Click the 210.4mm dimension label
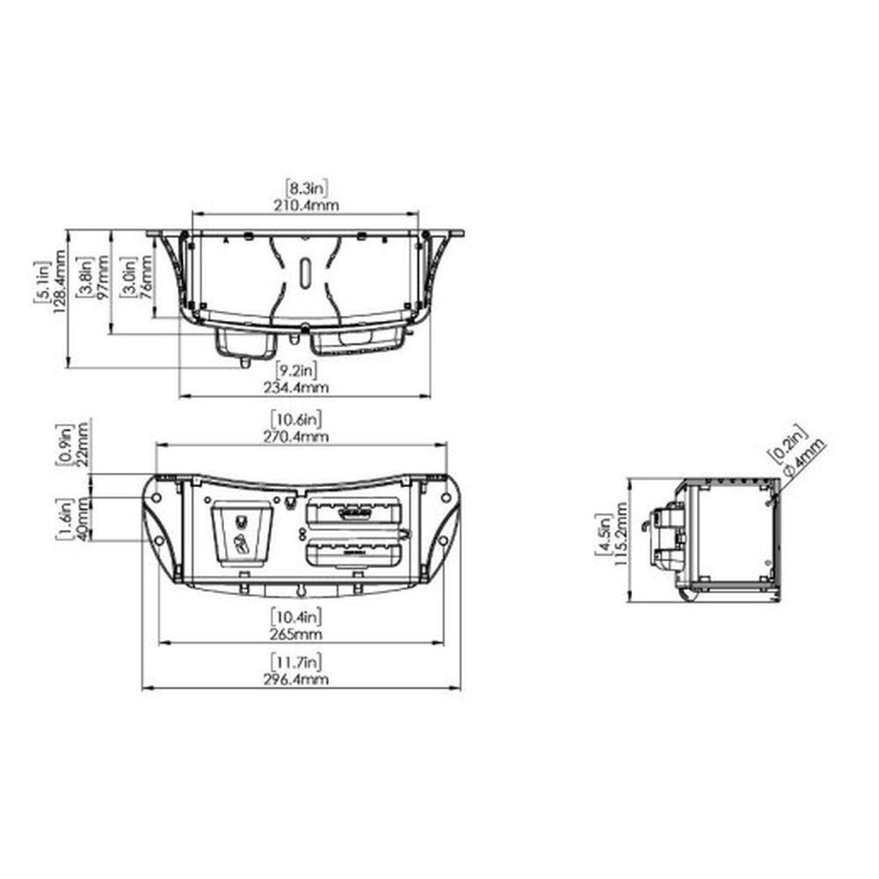306,205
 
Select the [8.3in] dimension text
306,186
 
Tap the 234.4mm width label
296,388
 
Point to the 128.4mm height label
60,281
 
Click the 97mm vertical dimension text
103,278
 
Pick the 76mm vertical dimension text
146,278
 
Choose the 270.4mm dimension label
296,437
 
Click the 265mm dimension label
296,635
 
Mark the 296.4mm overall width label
296,679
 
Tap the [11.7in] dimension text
296,662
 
